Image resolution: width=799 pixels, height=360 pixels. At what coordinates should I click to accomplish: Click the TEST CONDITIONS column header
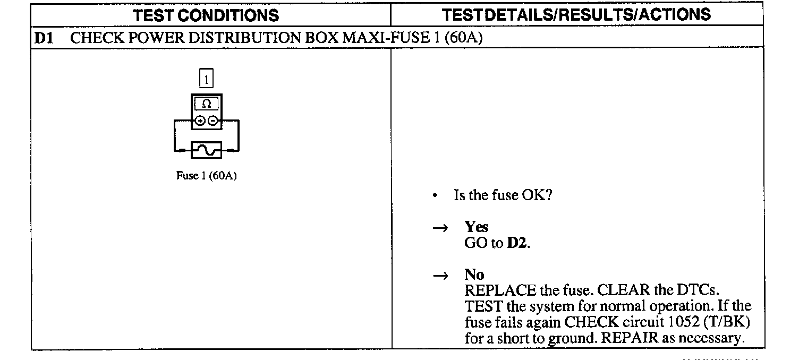(206, 15)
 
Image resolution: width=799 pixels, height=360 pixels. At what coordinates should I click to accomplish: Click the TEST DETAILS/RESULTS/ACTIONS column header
(576, 14)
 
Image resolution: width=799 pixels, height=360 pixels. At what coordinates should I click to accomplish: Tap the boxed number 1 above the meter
(206, 80)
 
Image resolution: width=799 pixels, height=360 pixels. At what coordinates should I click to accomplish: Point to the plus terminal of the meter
(200, 121)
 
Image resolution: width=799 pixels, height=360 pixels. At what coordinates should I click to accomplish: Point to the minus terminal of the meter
(212, 121)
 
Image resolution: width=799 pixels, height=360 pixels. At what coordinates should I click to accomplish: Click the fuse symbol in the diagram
(206, 151)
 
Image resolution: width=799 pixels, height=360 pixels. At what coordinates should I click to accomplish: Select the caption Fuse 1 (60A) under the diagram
(206, 176)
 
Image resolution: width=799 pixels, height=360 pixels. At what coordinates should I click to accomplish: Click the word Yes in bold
(476, 227)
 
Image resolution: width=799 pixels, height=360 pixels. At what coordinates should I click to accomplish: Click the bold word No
(474, 275)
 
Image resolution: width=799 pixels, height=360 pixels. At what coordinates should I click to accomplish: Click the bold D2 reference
(517, 244)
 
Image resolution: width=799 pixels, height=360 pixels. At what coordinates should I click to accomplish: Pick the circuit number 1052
(681, 322)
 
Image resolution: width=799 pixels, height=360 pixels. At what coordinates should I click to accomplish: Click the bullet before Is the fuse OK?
(435, 196)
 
